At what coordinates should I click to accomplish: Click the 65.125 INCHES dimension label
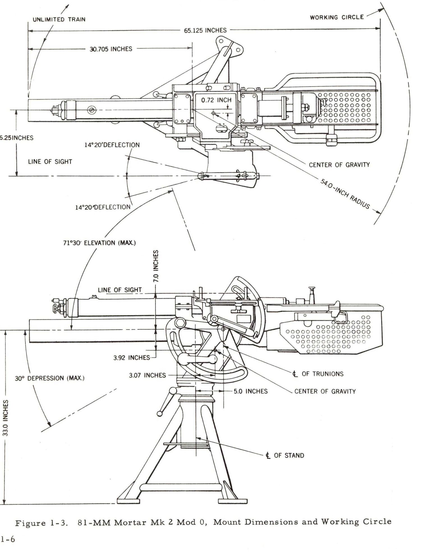pos(205,30)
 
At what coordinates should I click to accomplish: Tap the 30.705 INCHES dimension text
pos(111,49)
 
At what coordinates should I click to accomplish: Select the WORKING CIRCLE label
pos(336,17)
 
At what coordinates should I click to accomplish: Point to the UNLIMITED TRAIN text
pos(59,20)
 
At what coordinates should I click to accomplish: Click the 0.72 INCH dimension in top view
pos(216,100)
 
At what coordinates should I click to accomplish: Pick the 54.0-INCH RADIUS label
pos(345,194)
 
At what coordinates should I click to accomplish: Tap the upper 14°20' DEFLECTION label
pos(112,145)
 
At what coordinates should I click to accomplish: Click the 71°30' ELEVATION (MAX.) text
pos(99,243)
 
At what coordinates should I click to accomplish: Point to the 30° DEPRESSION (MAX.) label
pos(50,378)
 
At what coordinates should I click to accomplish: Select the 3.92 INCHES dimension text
pos(132,358)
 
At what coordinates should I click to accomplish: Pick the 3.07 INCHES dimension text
pos(147,375)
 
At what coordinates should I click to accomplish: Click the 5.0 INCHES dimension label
pos(251,391)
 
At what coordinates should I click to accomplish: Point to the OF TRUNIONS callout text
pos(322,374)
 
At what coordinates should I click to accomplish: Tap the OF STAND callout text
pos(289,455)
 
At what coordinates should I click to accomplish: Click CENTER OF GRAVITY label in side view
pos(325,391)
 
